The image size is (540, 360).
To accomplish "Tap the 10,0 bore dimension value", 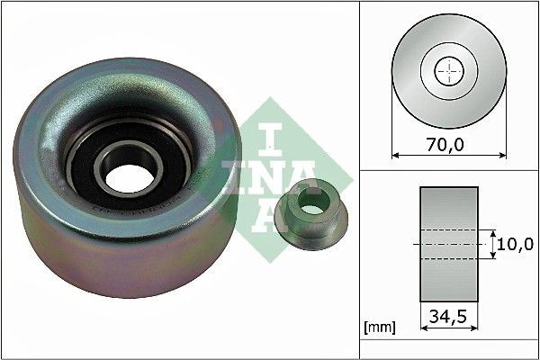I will pyautogui.click(x=518, y=244).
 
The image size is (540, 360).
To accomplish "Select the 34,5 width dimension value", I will pyautogui.click(x=447, y=316).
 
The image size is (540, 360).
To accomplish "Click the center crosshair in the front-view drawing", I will pyautogui.click(x=448, y=71).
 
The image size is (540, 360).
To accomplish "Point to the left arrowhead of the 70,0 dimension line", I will pyautogui.click(x=396, y=155).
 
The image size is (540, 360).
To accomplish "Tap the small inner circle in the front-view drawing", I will pyautogui.click(x=448, y=71).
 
